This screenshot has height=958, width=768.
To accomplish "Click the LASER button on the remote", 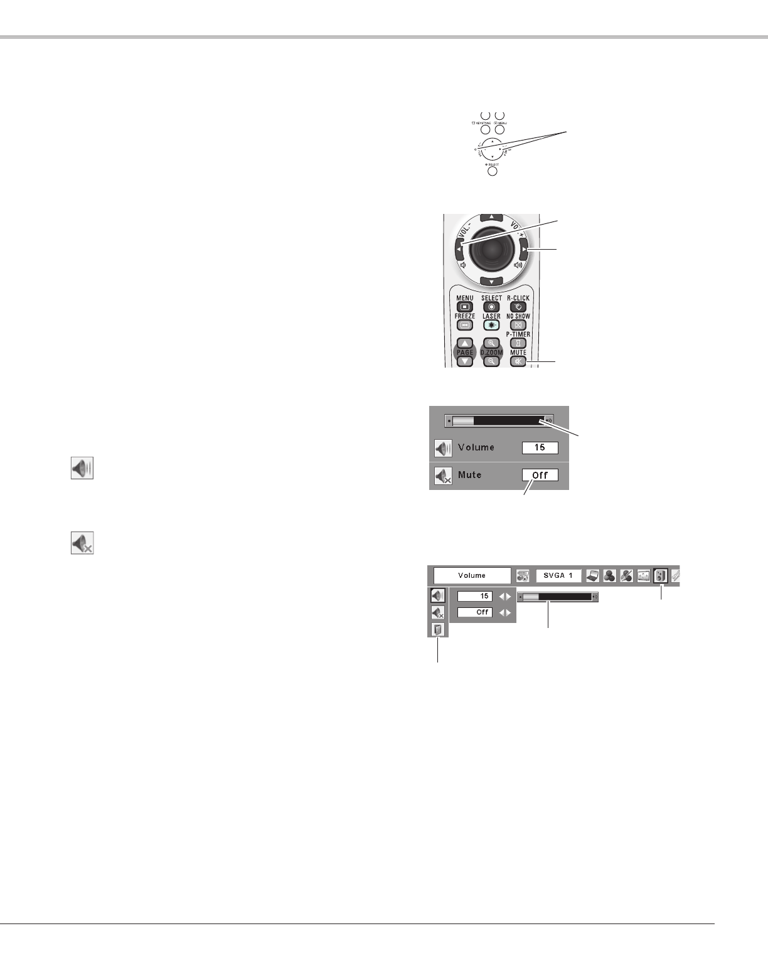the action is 491,325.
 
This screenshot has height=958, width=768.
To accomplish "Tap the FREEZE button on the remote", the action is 465,325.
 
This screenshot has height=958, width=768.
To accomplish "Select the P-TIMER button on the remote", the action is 518,343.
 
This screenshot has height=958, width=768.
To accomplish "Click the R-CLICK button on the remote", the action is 518,307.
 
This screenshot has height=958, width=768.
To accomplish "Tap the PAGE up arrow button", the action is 465,343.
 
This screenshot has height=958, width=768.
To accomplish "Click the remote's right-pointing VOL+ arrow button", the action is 524,250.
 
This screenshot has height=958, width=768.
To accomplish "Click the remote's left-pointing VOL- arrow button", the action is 459,250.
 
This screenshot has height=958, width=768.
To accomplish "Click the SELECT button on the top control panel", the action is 493,171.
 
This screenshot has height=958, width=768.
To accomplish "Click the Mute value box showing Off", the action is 540,475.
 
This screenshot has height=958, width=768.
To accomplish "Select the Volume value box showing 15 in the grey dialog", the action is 540,448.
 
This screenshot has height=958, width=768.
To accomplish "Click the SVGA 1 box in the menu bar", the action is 558,575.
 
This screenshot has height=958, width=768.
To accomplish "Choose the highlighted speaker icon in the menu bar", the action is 659,575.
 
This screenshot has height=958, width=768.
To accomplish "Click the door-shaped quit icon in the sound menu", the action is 437,629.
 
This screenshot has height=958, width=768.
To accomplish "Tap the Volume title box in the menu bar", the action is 472,575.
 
